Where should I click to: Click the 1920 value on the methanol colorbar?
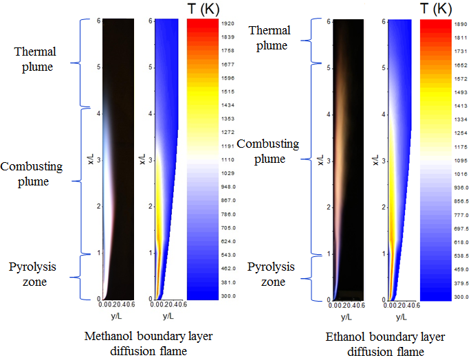pyautogui.click(x=228, y=23)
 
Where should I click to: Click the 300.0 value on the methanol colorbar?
pyautogui.click(x=228, y=296)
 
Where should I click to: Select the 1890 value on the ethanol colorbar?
pyautogui.click(x=441, y=23)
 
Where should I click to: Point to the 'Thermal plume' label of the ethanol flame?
pyautogui.click(x=269, y=38)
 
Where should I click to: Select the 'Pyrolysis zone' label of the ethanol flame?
pyautogui.click(x=266, y=274)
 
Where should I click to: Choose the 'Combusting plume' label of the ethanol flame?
pyautogui.click(x=268, y=151)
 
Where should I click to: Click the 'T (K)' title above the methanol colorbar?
pyautogui.click(x=204, y=8)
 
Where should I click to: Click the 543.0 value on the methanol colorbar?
pyautogui.click(x=228, y=255)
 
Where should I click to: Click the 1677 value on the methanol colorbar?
pyautogui.click(x=228, y=64)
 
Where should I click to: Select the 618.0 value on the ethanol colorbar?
pyautogui.click(x=441, y=243)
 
